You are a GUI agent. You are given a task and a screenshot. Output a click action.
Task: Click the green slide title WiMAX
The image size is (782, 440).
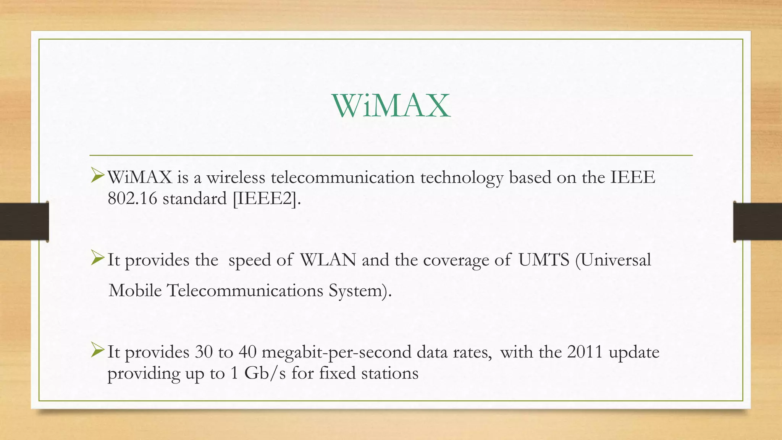coord(391,106)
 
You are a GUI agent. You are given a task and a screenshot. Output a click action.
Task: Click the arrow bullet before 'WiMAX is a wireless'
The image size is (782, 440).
coord(97,176)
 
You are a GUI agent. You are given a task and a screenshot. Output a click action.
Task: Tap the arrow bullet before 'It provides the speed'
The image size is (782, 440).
coord(97,259)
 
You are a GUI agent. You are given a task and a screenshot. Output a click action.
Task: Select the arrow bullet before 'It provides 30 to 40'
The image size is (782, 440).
coord(97,351)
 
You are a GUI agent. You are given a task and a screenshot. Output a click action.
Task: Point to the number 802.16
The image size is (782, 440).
coord(132,199)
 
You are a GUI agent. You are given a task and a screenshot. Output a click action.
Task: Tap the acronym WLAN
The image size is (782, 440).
coord(328,260)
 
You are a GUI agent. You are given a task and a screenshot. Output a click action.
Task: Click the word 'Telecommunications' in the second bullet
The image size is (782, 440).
coord(245,290)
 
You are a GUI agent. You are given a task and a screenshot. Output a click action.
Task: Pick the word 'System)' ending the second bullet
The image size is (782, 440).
coord(360,291)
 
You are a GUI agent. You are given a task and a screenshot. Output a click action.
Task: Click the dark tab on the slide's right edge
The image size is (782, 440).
coord(758,222)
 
